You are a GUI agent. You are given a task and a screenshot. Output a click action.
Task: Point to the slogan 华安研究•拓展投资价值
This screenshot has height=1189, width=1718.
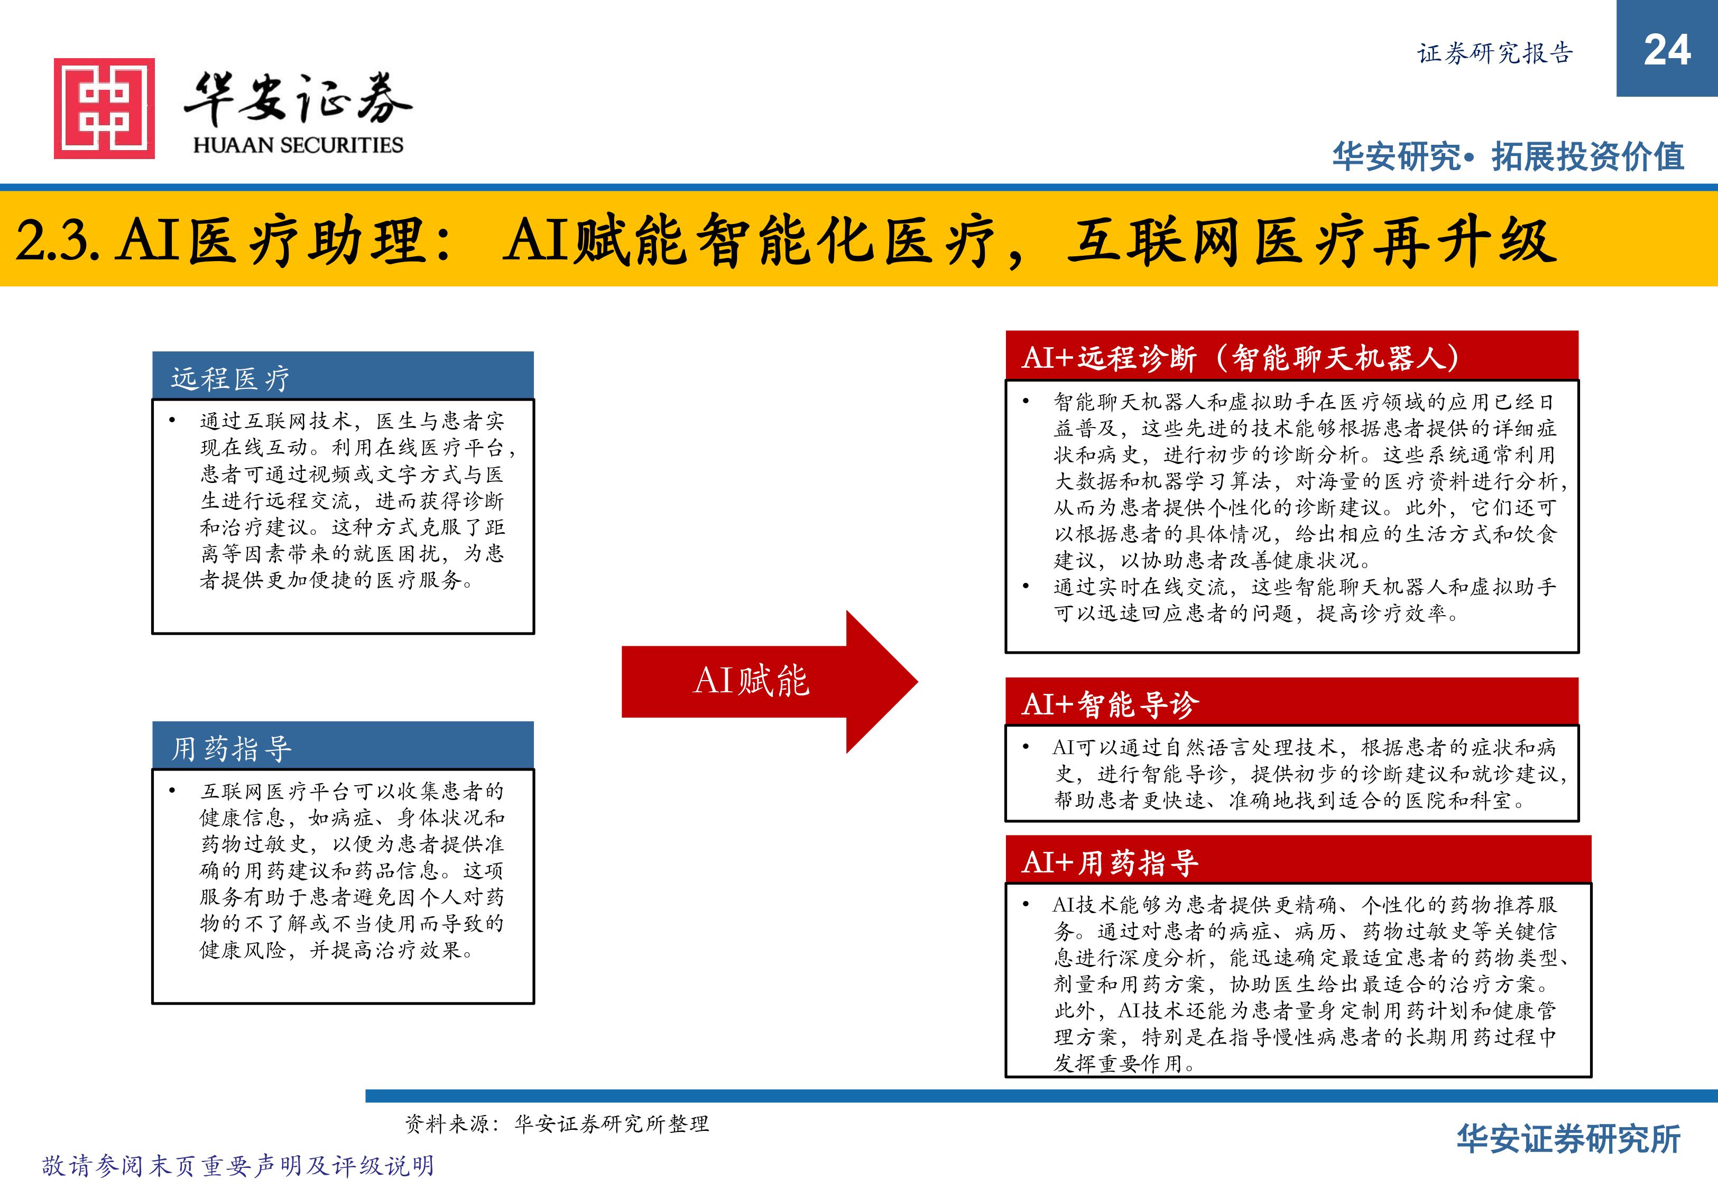click(x=1509, y=156)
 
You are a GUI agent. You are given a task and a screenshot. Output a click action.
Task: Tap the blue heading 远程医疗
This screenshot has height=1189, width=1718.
click(x=230, y=378)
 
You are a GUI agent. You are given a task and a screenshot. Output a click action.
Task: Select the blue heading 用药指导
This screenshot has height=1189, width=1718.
click(x=231, y=749)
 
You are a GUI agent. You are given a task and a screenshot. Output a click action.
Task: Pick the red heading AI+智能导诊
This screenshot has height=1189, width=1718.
click(x=1110, y=704)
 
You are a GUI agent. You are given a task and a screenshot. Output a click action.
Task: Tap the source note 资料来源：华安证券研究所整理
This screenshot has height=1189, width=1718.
click(x=557, y=1123)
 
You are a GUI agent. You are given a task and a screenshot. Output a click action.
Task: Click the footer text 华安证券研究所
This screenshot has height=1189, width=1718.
click(x=1569, y=1139)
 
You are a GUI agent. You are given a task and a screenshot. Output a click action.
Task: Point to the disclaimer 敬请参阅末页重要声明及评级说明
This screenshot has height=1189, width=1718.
click(x=238, y=1166)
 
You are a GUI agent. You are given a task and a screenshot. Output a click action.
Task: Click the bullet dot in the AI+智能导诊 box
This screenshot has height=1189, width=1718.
click(x=1026, y=747)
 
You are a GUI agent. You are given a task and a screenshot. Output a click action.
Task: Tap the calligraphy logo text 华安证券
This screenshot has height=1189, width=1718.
click(x=298, y=99)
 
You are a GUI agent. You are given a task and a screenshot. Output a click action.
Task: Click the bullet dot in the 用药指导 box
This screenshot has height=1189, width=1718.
click(x=172, y=791)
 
